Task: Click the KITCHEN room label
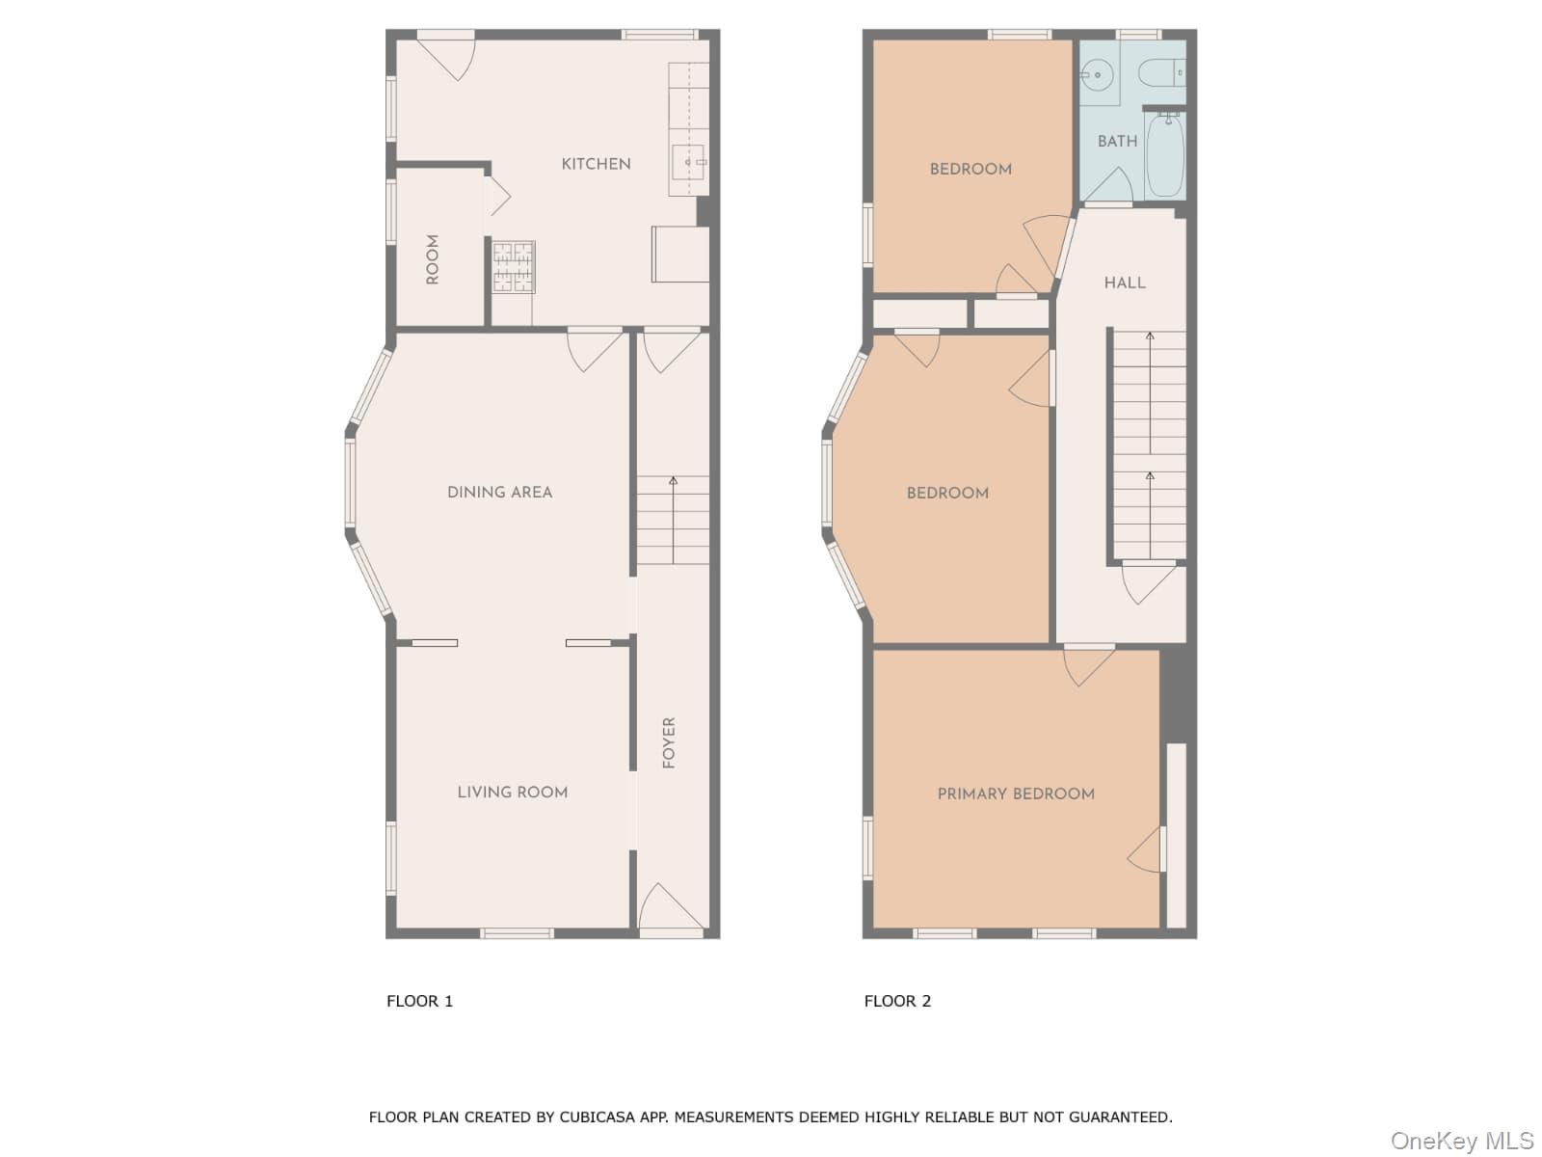coord(596,164)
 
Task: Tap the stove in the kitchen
coord(513,267)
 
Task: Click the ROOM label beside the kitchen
coord(433,259)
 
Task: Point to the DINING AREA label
coord(499,492)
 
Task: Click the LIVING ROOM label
coord(512,792)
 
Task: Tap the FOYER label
coord(669,741)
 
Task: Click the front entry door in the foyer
coord(671,911)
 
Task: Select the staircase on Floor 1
coord(672,521)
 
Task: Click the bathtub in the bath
coord(1164,154)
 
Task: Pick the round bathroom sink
coord(1096,73)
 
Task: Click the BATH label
coord(1117,141)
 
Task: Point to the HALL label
coord(1125,283)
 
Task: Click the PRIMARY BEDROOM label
coord(1016,794)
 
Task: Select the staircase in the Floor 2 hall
coord(1149,444)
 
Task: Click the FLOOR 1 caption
coord(419,1001)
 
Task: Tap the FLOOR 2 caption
coord(897,1001)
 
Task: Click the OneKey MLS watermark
coord(1461,1141)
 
